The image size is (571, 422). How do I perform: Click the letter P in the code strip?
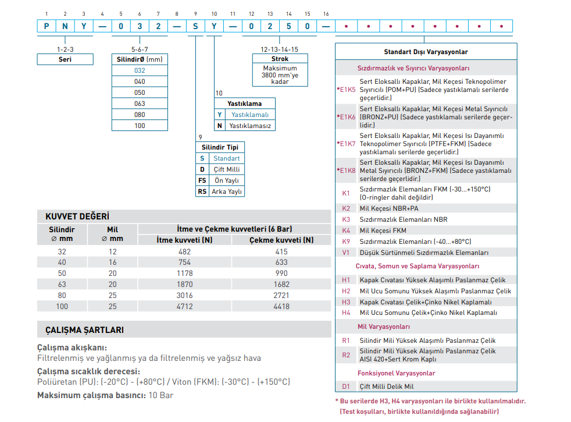pyautogui.click(x=47, y=26)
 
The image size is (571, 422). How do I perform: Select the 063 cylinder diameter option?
pyautogui.click(x=140, y=104)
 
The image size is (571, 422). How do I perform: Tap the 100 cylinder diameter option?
pyautogui.click(x=140, y=126)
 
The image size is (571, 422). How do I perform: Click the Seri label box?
pyautogui.click(x=65, y=59)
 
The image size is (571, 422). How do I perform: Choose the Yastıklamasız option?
pyautogui.click(x=250, y=126)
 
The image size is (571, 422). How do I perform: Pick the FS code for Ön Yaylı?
pyautogui.click(x=202, y=180)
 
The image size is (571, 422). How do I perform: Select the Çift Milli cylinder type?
pyautogui.click(x=227, y=169)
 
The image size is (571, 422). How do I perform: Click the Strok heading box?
pyautogui.click(x=280, y=59)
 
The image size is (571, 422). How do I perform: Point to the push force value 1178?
pyautogui.click(x=185, y=274)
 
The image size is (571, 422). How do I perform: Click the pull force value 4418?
pyautogui.click(x=281, y=307)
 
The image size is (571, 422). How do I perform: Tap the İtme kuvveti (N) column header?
pyautogui.click(x=185, y=240)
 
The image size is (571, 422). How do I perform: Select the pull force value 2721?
pyautogui.click(x=281, y=296)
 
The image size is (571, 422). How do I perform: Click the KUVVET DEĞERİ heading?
pyautogui.click(x=77, y=217)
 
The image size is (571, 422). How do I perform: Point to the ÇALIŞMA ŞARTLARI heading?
pyautogui.click(x=84, y=330)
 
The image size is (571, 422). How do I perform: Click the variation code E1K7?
pyautogui.click(x=347, y=144)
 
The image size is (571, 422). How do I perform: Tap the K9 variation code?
pyautogui.click(x=346, y=242)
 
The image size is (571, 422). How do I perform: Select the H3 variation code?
pyautogui.click(x=346, y=302)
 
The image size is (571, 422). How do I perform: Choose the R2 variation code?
pyautogui.click(x=346, y=355)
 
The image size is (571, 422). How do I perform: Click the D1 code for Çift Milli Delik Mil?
pyautogui.click(x=346, y=386)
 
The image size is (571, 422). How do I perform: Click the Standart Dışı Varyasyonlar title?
pyautogui.click(x=426, y=52)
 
